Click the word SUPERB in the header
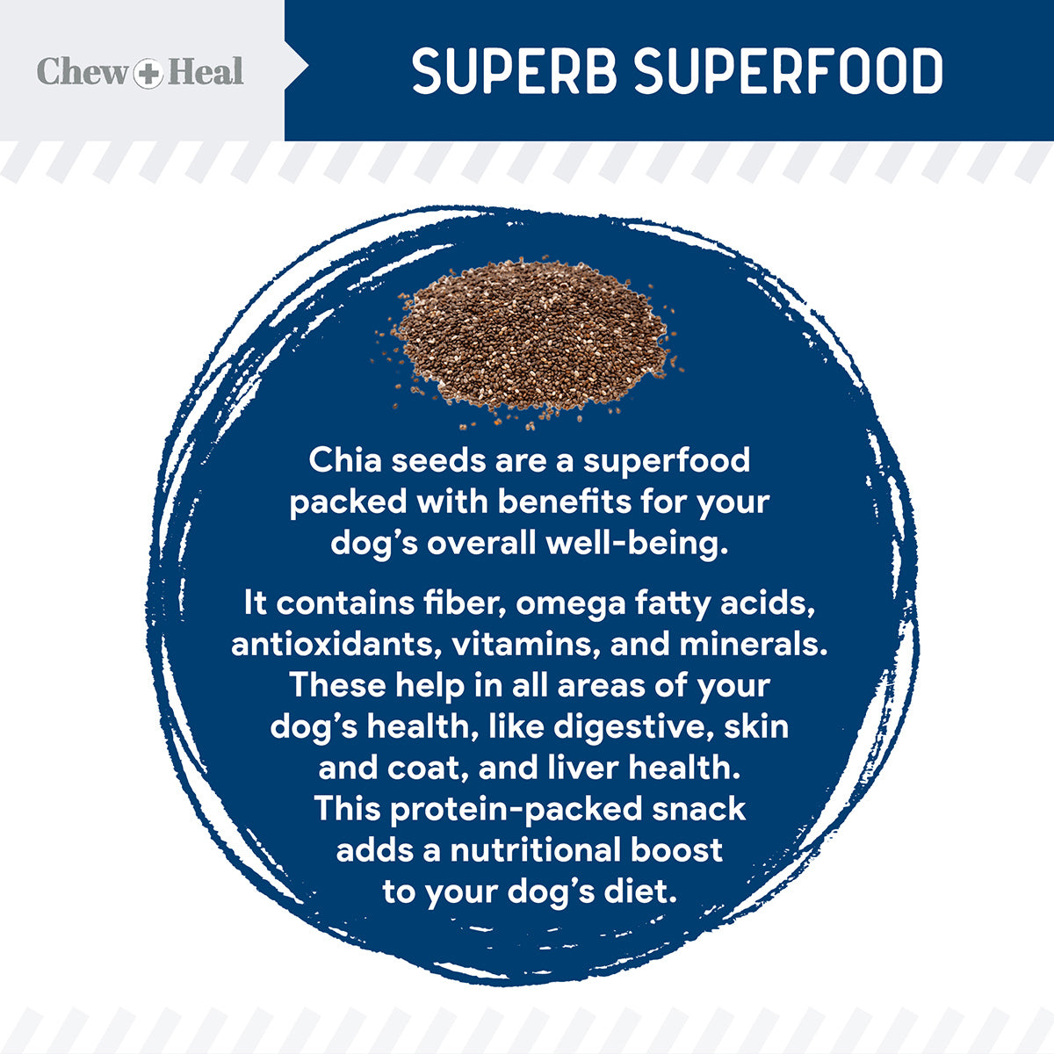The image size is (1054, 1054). [x=515, y=72]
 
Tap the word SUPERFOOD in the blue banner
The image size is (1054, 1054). [x=789, y=72]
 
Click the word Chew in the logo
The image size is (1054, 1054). [x=82, y=72]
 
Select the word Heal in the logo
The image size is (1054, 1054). [x=206, y=72]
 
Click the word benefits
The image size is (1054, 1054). [x=565, y=502]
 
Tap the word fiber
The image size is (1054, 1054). [x=465, y=603]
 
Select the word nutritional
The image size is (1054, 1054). [x=536, y=850]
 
